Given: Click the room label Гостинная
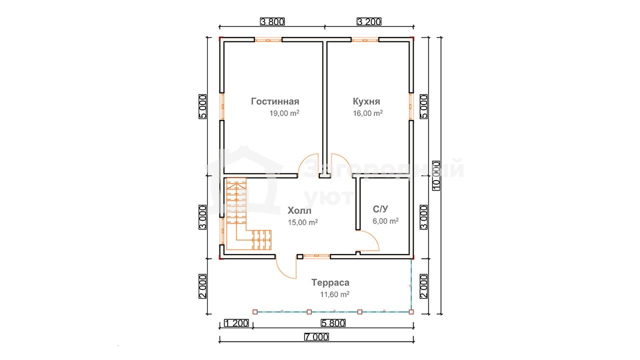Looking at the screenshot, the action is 275,101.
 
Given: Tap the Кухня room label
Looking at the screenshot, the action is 366,101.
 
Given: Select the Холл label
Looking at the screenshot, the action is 299,210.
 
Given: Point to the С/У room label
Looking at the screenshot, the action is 380,209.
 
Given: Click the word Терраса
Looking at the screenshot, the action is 330,282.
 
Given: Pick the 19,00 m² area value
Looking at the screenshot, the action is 284,113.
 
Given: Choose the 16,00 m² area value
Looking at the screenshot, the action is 367,113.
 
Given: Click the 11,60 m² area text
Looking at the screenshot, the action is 334,294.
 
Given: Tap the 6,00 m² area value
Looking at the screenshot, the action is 385,221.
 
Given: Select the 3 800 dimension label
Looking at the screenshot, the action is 272,21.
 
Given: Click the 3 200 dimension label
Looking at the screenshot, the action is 369,21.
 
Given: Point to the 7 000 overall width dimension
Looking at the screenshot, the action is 316,337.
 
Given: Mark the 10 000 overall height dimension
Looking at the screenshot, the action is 436,175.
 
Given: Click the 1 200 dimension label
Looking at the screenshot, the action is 236,323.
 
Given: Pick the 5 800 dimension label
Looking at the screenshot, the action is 333,323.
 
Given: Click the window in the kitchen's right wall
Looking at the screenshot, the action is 410,106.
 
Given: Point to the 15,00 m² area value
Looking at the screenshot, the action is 303,222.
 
